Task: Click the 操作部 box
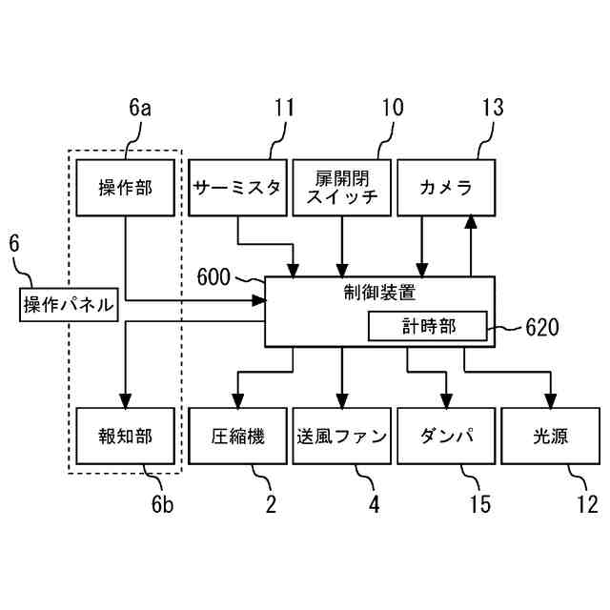(126, 186)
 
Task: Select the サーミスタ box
(237, 186)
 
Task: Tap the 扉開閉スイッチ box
(340, 186)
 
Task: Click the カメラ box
(446, 186)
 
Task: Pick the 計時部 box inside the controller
(428, 326)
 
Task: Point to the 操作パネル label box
(69, 305)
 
